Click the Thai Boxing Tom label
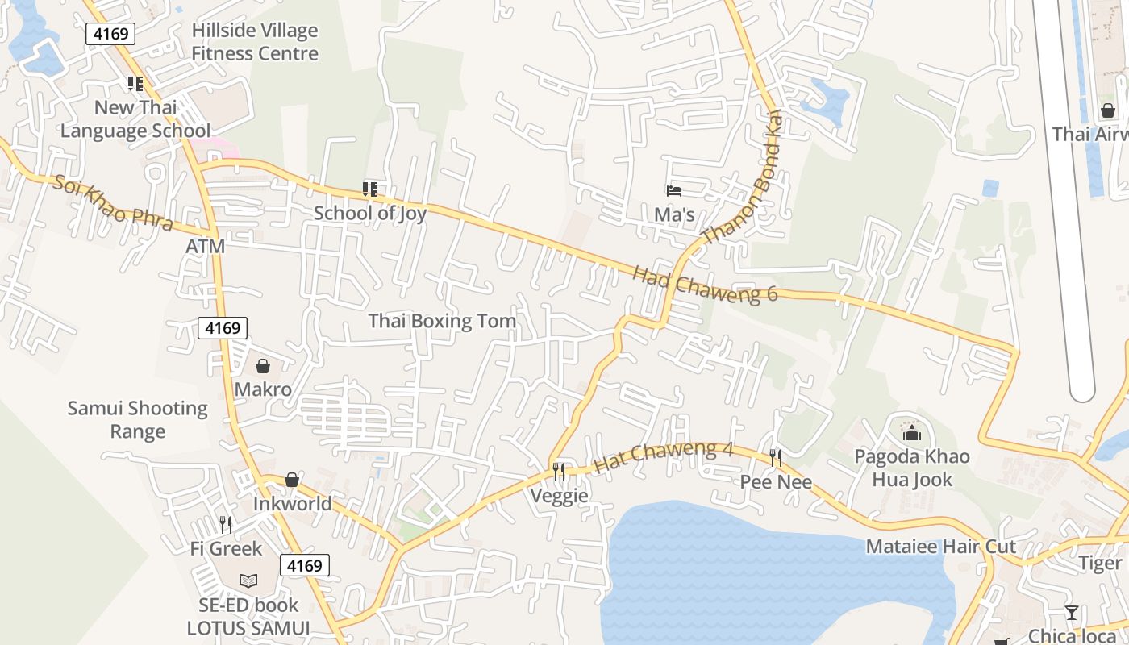[x=442, y=321]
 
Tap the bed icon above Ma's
[x=674, y=191]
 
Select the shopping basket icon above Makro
[x=263, y=366]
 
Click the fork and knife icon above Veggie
[x=559, y=471]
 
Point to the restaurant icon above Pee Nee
[x=776, y=458]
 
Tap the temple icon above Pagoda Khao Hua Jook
[x=912, y=433]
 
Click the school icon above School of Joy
[x=370, y=189]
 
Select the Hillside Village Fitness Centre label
[x=255, y=42]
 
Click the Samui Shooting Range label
[x=137, y=419]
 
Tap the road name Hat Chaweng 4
[x=663, y=457]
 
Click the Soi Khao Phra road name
[x=113, y=202]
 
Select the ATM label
[x=206, y=247]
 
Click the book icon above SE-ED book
[x=248, y=580]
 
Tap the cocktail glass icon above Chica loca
[x=1071, y=613]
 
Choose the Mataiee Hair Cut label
[x=941, y=547]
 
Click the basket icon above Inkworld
[x=292, y=481]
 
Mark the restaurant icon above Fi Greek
[x=226, y=525]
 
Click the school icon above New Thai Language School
[x=135, y=84]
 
